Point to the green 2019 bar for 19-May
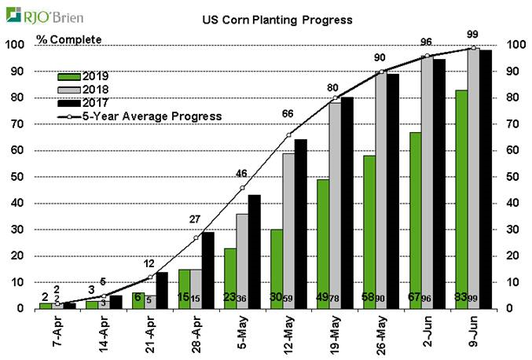pyautogui.click(x=322, y=244)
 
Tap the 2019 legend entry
pyautogui.click(x=86, y=76)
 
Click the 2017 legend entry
pyautogui.click(x=86, y=103)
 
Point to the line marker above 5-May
pyautogui.click(x=242, y=188)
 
